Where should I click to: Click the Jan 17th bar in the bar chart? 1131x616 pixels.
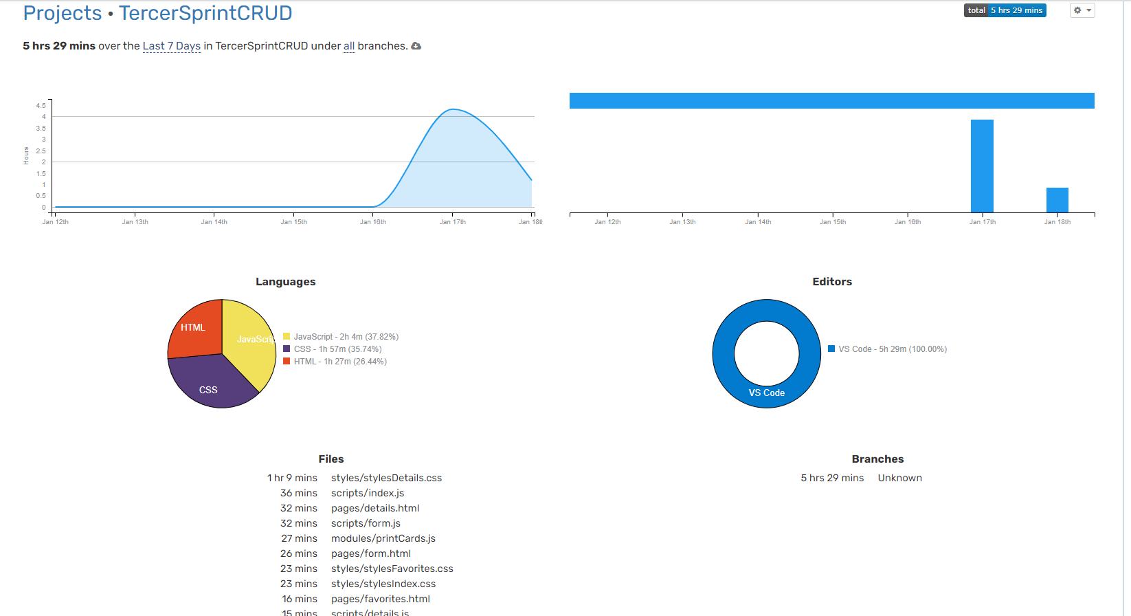coord(982,166)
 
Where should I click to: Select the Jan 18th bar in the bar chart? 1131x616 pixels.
coord(1057,200)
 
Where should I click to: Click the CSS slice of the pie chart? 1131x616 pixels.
coord(210,385)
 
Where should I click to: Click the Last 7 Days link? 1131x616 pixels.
coord(171,46)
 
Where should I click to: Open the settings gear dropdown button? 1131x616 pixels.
coord(1082,10)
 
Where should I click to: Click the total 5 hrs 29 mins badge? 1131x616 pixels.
coord(1005,10)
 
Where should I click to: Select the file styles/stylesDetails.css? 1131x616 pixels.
coord(386,478)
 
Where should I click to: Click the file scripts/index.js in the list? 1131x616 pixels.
coord(368,493)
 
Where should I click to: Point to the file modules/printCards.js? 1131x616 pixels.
coord(383,538)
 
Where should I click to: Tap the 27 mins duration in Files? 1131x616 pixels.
coord(299,538)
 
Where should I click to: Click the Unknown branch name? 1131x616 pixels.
coord(899,478)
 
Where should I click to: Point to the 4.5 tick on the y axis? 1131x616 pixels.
coord(41,105)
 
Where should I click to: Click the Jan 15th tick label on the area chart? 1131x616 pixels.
coord(293,222)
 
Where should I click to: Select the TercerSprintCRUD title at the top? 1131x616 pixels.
coord(205,13)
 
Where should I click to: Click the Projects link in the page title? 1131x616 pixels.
coord(63,13)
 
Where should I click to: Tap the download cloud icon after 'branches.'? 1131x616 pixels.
coord(416,46)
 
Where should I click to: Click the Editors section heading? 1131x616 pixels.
coord(831,282)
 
